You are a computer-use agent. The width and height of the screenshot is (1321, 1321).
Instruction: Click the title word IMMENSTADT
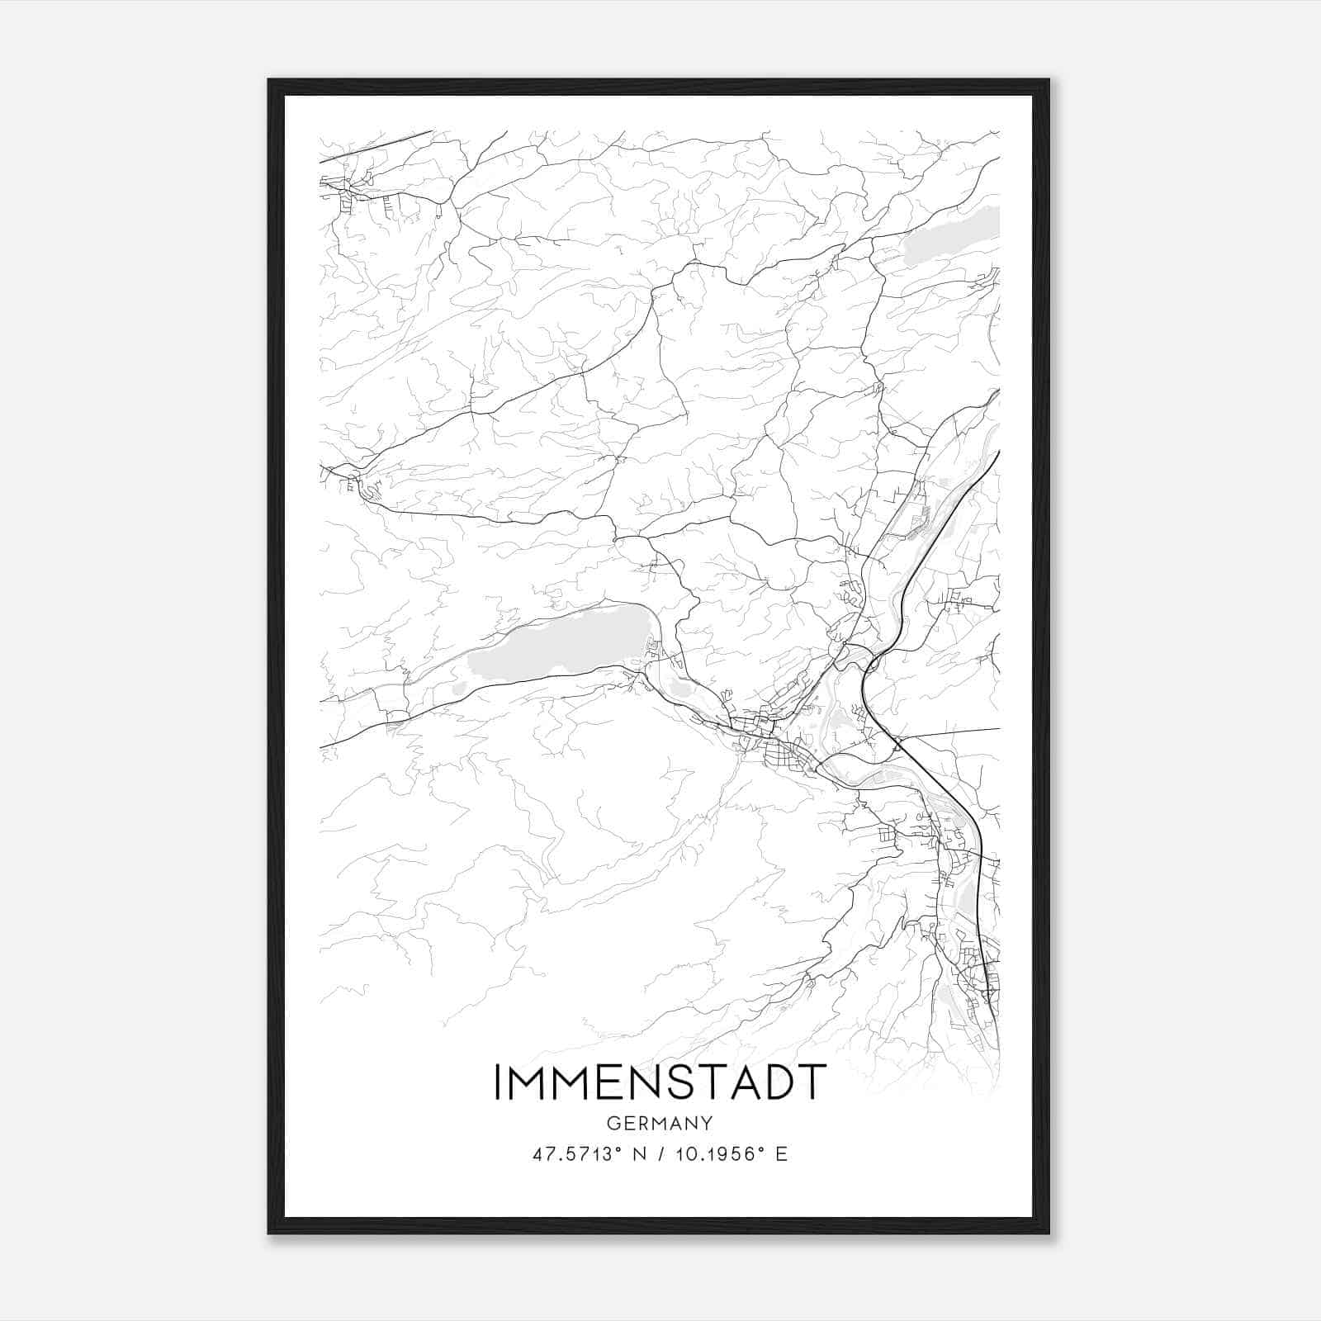[x=660, y=1082]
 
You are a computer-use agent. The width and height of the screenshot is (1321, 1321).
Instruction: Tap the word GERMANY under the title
[x=660, y=1124]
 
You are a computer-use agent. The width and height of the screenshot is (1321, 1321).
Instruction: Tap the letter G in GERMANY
[x=613, y=1124]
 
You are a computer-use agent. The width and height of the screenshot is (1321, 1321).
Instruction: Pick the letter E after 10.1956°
[x=781, y=1154]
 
